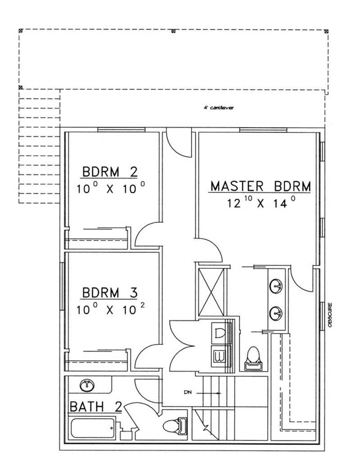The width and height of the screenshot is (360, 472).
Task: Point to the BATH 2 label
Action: [x=95, y=407]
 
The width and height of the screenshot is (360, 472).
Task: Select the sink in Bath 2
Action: [x=87, y=385]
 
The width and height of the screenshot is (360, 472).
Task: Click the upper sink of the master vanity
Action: [x=276, y=285]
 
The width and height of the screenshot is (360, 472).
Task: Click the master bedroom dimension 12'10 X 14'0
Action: [x=261, y=203]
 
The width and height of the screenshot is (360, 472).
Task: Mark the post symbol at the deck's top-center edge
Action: [x=174, y=31]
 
